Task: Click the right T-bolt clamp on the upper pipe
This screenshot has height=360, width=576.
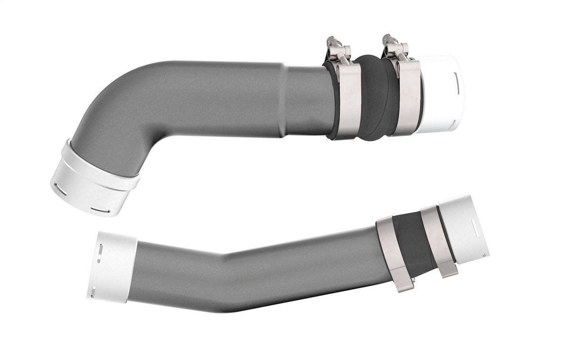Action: (x=407, y=97)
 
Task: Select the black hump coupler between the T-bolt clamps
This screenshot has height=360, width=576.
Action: (x=372, y=97)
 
